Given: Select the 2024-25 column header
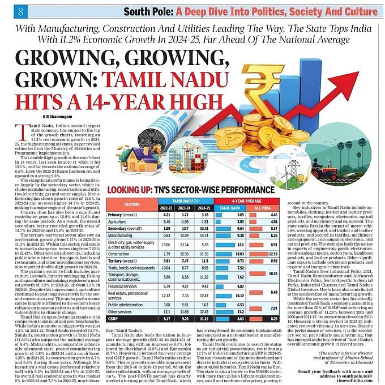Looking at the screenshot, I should click(x=203, y=207).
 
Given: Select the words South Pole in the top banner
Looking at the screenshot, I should click(x=132, y=11).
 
